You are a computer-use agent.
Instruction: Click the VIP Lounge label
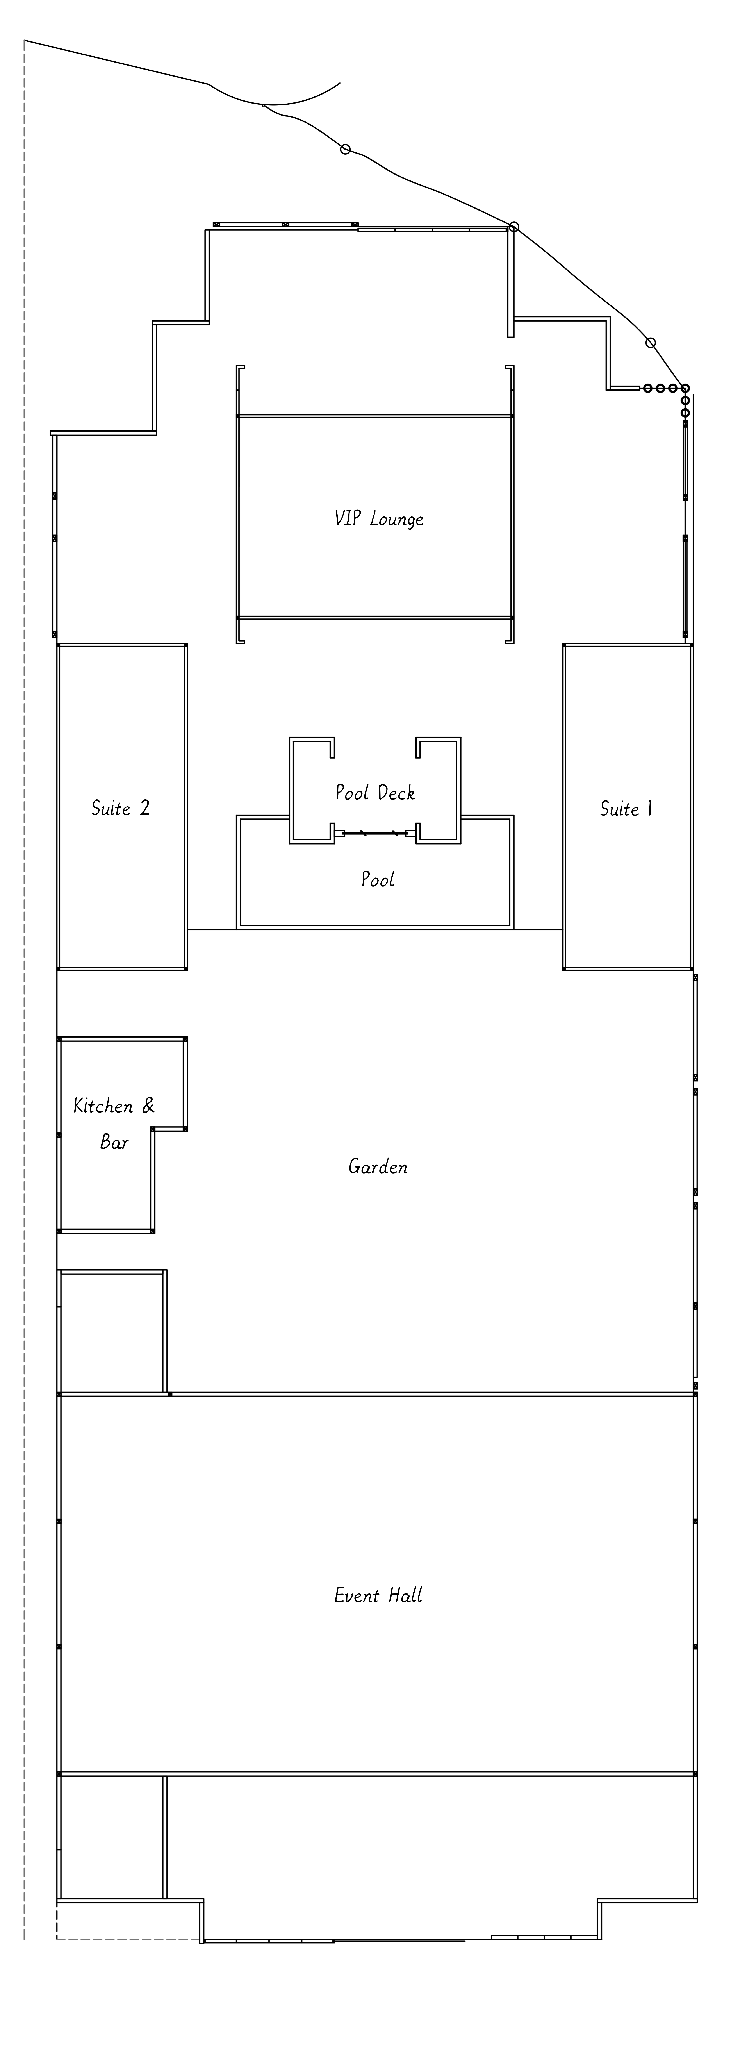378,519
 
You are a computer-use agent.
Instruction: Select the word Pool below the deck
378,880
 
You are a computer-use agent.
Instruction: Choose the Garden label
378,1167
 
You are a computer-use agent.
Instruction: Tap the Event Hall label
378,1595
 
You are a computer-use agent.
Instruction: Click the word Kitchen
103,1106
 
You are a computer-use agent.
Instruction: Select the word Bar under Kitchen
114,1142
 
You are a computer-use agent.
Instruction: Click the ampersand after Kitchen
148,1106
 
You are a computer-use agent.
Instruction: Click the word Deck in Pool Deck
396,793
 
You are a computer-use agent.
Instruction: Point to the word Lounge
397,520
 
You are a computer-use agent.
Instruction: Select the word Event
356,1595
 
